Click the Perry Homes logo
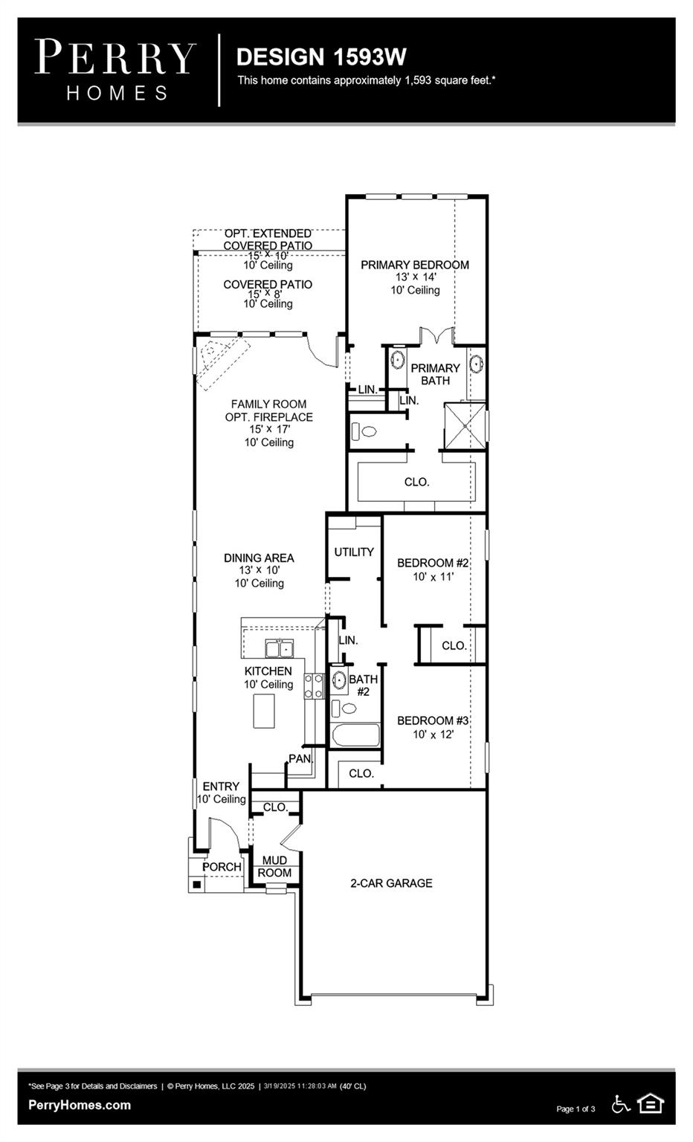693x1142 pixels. [115, 70]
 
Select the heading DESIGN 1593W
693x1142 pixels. [321, 57]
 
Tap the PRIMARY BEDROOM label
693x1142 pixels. [414, 265]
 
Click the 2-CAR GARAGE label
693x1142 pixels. [391, 883]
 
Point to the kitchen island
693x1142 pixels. [264, 711]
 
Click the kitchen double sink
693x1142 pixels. [280, 650]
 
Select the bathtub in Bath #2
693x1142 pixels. [355, 735]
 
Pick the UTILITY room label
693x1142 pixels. [354, 552]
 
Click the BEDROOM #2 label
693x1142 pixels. [432, 563]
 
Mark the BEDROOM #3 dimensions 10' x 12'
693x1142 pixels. [433, 735]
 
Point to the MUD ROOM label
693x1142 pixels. [274, 867]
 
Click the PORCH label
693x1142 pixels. [222, 867]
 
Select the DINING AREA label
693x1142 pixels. [259, 558]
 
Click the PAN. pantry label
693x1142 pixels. [300, 759]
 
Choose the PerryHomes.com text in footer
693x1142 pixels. [80, 1105]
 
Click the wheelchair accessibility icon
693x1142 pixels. [620, 1104]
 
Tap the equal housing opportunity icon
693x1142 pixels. [651, 1104]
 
